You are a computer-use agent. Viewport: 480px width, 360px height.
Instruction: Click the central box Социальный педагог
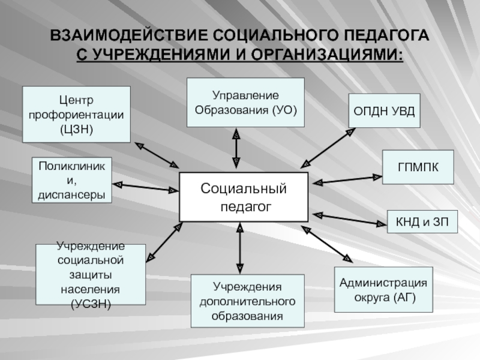tap(244, 197)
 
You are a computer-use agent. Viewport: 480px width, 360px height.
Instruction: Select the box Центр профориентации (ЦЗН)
tap(76, 114)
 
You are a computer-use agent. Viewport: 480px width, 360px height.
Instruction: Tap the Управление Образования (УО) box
tap(245, 103)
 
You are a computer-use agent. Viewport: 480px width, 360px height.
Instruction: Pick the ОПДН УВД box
tap(385, 111)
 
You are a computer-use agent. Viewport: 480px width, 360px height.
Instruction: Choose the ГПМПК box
tap(418, 167)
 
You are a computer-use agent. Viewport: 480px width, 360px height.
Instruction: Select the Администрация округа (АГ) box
tap(383, 290)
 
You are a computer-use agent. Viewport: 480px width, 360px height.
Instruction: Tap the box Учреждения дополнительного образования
tap(247, 301)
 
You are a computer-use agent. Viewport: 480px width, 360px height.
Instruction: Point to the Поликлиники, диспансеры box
tap(71, 179)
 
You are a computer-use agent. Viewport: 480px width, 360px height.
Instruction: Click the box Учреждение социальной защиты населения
tap(90, 275)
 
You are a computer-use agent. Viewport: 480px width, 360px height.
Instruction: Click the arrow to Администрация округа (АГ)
tap(327, 245)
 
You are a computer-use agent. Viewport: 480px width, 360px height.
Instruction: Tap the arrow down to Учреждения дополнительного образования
tap(239, 247)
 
